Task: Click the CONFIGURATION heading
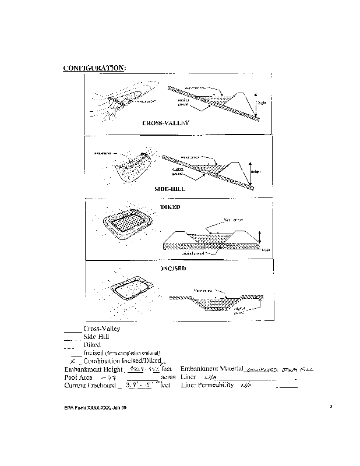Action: [94, 68]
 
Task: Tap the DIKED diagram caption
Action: [170, 207]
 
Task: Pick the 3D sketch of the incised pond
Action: [132, 288]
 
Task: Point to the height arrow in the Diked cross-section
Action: [260, 236]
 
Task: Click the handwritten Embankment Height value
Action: [142, 369]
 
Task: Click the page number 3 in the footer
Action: [331, 406]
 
